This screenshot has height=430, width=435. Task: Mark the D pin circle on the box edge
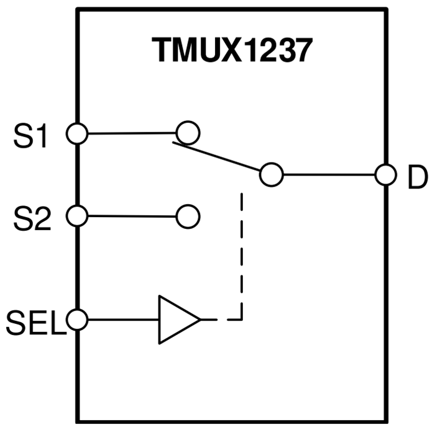tap(385, 175)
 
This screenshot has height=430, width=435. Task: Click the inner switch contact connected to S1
tap(187, 132)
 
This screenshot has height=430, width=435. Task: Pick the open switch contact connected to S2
tap(187, 217)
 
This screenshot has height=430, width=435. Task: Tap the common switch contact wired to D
tap(271, 175)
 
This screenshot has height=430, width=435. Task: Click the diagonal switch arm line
tap(217, 158)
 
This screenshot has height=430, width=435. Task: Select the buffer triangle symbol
tap(176, 320)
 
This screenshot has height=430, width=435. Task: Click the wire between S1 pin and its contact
tap(130, 133)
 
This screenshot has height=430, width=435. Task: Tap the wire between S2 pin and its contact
tap(130, 217)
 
